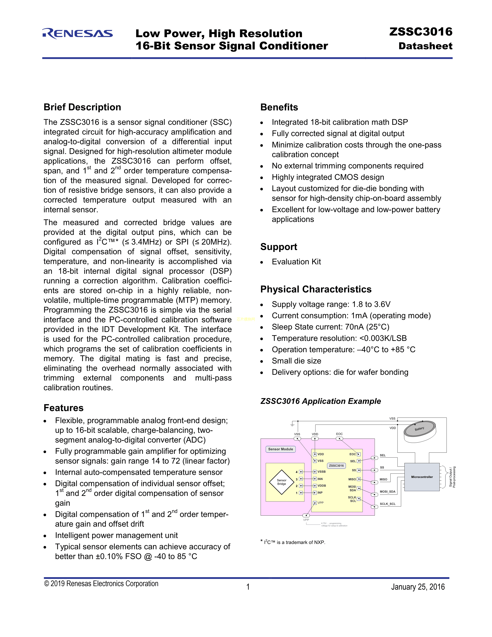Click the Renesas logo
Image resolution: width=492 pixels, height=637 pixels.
point(78,34)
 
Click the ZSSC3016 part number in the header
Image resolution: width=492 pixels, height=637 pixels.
point(421,32)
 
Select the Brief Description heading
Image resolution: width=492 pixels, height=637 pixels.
point(82,107)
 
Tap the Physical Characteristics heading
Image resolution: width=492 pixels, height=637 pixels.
point(316,289)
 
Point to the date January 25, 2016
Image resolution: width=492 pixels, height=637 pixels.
point(418,587)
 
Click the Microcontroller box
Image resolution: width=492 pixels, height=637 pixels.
point(422,477)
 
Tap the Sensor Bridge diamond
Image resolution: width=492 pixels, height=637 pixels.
point(282,482)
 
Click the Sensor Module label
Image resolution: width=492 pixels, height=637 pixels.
point(280,449)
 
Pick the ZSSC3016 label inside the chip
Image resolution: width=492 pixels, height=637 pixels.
point(336,466)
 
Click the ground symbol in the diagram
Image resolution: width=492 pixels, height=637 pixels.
point(292,425)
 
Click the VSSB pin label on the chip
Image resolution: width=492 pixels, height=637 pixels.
point(321,472)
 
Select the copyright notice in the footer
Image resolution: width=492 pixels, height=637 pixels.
point(101,584)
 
